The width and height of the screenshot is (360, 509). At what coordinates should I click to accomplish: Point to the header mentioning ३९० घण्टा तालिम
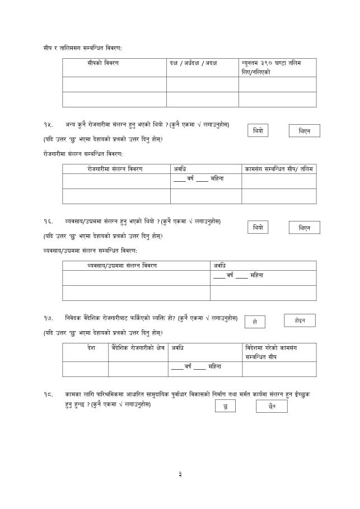pyautogui.click(x=270, y=67)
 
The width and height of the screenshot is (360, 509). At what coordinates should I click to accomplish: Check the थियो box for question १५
pyautogui.click(x=258, y=131)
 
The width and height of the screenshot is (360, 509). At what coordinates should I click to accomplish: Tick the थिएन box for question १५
pyautogui.click(x=304, y=131)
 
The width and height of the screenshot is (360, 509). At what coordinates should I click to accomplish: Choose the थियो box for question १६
pyautogui.click(x=258, y=228)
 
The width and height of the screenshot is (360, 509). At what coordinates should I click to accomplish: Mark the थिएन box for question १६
pyautogui.click(x=304, y=228)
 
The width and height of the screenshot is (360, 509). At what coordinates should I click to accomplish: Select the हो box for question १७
pyautogui.click(x=255, y=322)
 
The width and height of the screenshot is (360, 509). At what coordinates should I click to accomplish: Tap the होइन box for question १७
pyautogui.click(x=300, y=321)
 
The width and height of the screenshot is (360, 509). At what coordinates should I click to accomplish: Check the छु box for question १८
pyautogui.click(x=225, y=407)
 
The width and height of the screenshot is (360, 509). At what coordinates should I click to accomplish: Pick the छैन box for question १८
pyautogui.click(x=272, y=407)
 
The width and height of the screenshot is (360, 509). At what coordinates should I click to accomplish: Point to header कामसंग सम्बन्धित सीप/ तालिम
pyautogui.click(x=279, y=168)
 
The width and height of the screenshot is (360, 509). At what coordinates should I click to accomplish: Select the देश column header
pyautogui.click(x=91, y=348)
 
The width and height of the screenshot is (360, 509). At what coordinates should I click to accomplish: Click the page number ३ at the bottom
pyautogui.click(x=180, y=475)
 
